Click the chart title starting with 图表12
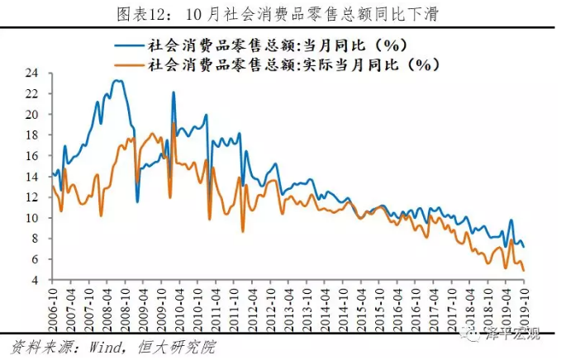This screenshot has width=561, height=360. pyautogui.click(x=280, y=12)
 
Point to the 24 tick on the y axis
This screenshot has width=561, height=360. pyautogui.click(x=33, y=73)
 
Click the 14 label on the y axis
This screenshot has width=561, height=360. pyautogui.click(x=33, y=177)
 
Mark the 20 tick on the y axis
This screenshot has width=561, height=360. pyautogui.click(x=33, y=115)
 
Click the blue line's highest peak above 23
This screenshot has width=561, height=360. pyautogui.click(x=117, y=80)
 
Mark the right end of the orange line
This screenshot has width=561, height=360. pyautogui.click(x=523, y=271)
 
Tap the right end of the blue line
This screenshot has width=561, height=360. pyautogui.click(x=523, y=247)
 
